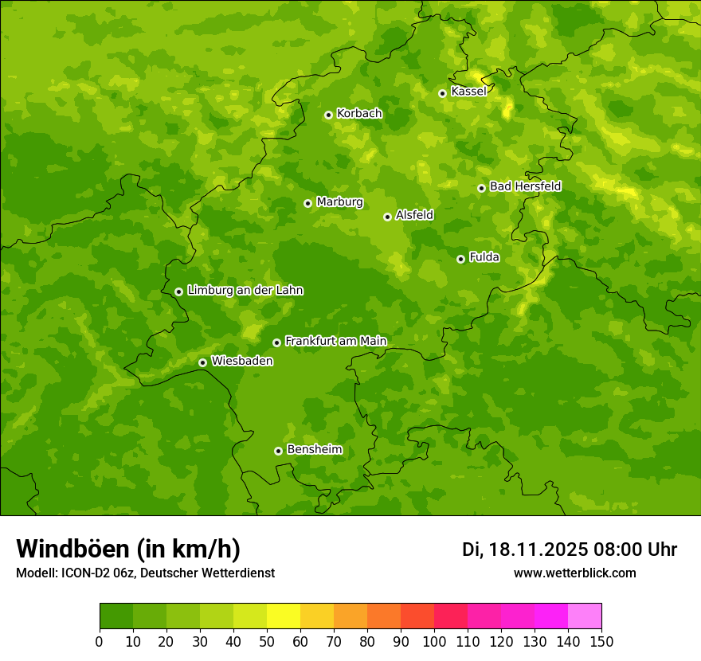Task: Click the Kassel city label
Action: click(468, 92)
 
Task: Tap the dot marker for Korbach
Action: click(328, 115)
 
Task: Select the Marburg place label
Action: click(339, 202)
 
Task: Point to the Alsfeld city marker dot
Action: click(387, 217)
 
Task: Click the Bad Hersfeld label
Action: click(525, 186)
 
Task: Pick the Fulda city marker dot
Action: click(460, 259)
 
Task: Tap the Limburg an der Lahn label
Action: click(245, 291)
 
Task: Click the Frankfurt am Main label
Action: click(335, 341)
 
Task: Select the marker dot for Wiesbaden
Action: click(202, 362)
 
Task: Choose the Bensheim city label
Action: click(314, 449)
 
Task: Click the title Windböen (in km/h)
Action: click(127, 549)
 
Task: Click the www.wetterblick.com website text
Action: click(574, 573)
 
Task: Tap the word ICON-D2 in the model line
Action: click(85, 573)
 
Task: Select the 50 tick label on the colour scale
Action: click(267, 641)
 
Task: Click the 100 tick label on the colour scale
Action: click(434, 641)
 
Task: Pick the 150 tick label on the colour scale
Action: click(601, 641)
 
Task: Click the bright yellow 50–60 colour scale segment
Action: click(284, 616)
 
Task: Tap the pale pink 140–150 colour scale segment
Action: click(585, 616)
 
